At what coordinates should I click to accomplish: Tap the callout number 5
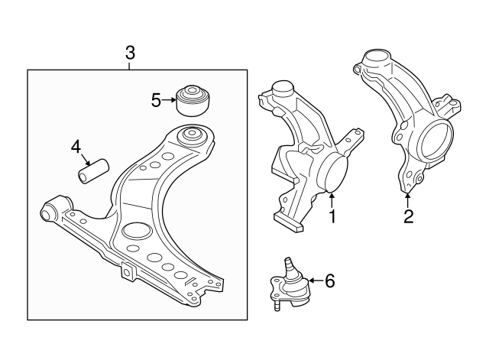coord(156,100)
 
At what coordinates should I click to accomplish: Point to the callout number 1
coord(332,217)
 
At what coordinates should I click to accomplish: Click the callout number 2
coord(408,216)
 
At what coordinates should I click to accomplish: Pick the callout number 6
coord(329,281)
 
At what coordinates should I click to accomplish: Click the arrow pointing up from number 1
coord(332,200)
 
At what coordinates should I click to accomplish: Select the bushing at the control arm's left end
coord(54,209)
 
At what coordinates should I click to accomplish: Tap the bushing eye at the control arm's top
coord(191,138)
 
